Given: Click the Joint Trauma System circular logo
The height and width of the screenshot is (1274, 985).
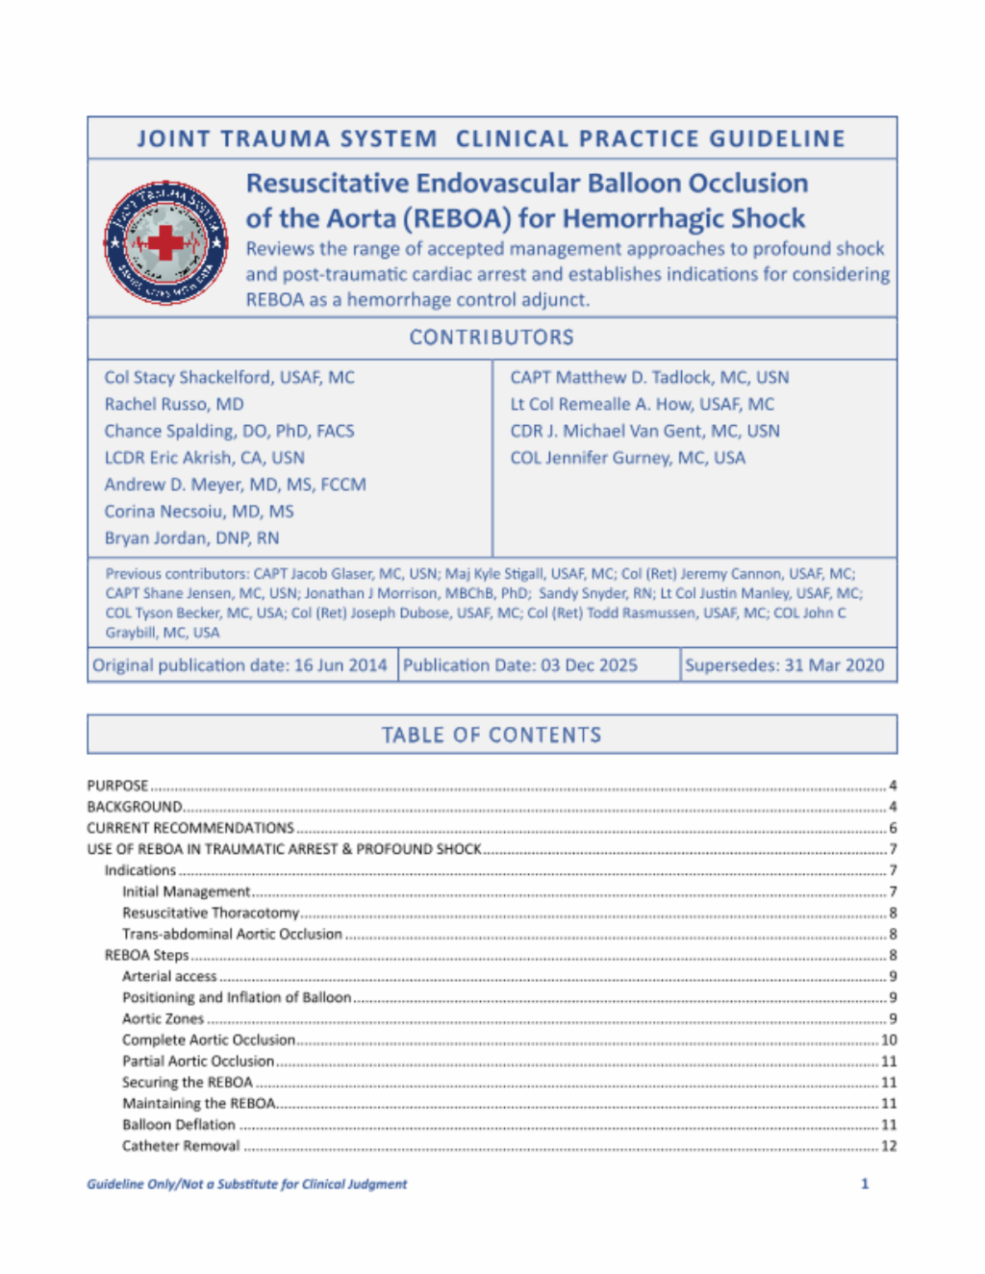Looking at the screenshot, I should pos(166,242).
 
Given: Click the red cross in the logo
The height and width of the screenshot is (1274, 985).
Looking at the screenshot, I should pos(166,242).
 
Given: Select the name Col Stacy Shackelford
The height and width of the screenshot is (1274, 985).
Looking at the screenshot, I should pos(229,378).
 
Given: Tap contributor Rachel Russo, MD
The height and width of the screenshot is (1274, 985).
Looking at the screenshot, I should pos(174,405).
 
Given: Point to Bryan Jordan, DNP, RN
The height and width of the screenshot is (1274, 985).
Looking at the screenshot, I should pos(191,538).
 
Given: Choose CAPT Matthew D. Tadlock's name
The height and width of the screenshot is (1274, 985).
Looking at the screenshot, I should pos(649,378).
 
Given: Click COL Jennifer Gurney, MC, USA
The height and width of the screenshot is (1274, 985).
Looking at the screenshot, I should pos(627,459).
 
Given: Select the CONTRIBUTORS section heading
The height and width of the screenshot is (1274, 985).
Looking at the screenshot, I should pos(492,337).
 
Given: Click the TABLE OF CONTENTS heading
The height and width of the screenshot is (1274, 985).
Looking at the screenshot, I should pos(492,736).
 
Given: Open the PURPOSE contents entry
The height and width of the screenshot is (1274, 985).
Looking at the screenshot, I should pos(117,786).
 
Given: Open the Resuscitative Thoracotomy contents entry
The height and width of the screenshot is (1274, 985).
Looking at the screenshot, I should pos(211,912).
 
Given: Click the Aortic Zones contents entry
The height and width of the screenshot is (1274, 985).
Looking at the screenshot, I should pos(163,1018).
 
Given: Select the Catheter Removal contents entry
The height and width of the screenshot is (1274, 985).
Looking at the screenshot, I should pos(181,1145).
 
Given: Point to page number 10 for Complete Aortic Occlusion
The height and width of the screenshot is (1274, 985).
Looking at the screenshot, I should pos(889,1039).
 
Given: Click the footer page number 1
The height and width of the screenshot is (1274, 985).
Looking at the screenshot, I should pos(865,1184).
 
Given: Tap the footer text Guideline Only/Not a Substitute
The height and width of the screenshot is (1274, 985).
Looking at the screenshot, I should pos(246,1184).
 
